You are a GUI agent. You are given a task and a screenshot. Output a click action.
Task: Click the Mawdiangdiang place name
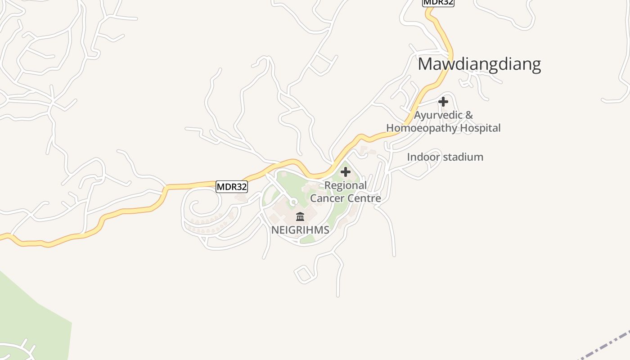(x=479, y=64)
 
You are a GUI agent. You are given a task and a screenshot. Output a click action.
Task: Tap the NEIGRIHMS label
(x=300, y=230)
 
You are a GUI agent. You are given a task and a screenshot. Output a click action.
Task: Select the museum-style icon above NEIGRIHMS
(x=300, y=216)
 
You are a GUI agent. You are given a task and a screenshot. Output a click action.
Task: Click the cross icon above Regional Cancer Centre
(x=346, y=172)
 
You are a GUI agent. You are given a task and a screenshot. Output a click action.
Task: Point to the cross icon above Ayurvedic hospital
(x=443, y=102)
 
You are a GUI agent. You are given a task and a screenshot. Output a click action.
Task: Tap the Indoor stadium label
(x=445, y=157)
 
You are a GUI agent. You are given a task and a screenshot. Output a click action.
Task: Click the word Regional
(x=346, y=185)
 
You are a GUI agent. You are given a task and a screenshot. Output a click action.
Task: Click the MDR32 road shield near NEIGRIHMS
(x=232, y=187)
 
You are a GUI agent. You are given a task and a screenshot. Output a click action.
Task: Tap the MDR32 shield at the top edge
(x=438, y=2)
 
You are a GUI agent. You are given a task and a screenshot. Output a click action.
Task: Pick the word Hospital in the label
(x=479, y=128)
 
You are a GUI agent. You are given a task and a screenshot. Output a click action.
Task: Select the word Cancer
(x=327, y=198)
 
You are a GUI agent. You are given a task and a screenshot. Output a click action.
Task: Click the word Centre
(x=364, y=198)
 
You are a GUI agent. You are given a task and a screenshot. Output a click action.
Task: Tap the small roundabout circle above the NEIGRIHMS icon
(x=293, y=202)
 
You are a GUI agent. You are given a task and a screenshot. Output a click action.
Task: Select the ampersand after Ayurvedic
(x=469, y=115)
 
